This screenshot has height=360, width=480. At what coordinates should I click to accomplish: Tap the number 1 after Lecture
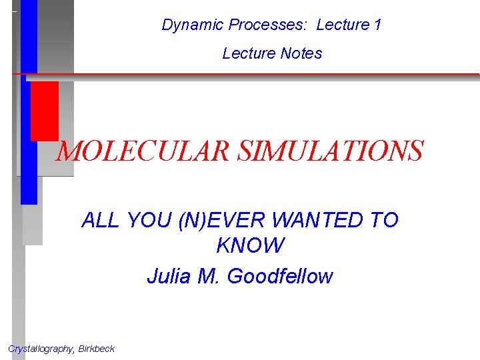377,25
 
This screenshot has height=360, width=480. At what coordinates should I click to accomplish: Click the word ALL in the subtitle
99,220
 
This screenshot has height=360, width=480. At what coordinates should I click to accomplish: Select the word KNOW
250,246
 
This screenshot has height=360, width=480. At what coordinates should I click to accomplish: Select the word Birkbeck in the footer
96,349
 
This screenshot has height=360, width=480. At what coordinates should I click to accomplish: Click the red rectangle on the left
44,111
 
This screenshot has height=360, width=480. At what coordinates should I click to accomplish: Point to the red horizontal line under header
267,74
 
